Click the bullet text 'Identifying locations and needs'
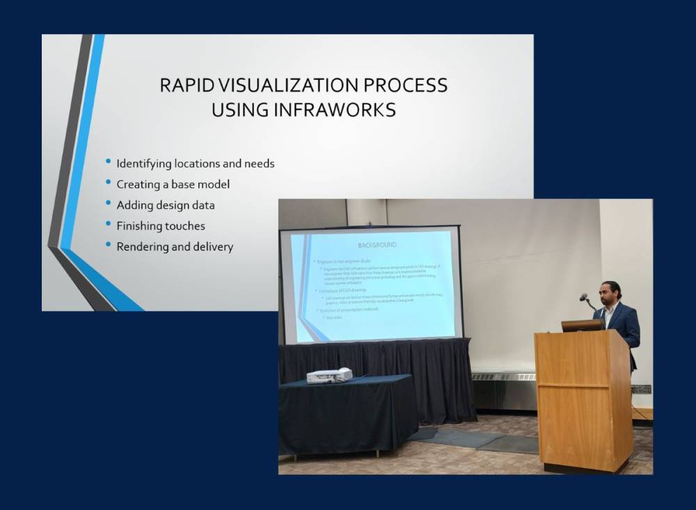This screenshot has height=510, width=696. [x=195, y=164]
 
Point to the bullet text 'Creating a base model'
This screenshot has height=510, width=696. [x=173, y=184]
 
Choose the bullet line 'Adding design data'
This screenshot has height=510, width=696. [x=165, y=205]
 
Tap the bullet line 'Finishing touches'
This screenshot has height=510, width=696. [x=160, y=226]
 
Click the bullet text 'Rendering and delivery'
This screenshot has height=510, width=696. [x=174, y=246]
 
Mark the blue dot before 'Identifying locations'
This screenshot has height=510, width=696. [x=108, y=162]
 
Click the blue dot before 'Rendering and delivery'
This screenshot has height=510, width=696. [x=108, y=244]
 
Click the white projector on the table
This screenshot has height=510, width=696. [x=329, y=375]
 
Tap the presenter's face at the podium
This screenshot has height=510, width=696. [x=609, y=293]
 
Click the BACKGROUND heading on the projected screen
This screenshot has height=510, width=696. [x=377, y=246]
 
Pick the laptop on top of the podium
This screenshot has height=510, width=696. [x=582, y=326]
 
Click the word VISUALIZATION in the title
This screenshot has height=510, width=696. [x=287, y=86]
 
